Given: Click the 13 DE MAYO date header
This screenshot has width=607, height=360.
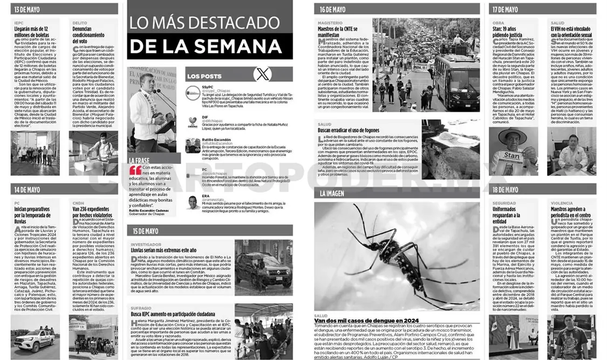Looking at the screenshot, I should coord(26,9).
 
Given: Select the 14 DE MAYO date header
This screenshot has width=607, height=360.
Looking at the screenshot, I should coord(26,189).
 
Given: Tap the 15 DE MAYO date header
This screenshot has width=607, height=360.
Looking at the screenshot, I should coord(146,231).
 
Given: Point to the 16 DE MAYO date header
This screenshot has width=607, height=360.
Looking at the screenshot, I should coord(333,9).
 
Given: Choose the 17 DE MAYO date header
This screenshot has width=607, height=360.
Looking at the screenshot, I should coord(505,9).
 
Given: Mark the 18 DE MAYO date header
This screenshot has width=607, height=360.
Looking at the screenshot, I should coord(505,189).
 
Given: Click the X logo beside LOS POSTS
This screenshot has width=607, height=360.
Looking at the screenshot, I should coord(263,74).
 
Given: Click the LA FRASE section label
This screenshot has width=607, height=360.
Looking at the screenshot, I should coord(139,160).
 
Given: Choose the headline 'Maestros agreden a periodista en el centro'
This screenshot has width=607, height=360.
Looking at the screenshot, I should coord(570,212).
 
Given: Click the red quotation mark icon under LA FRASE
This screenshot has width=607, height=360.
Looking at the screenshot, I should coord(135,170).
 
